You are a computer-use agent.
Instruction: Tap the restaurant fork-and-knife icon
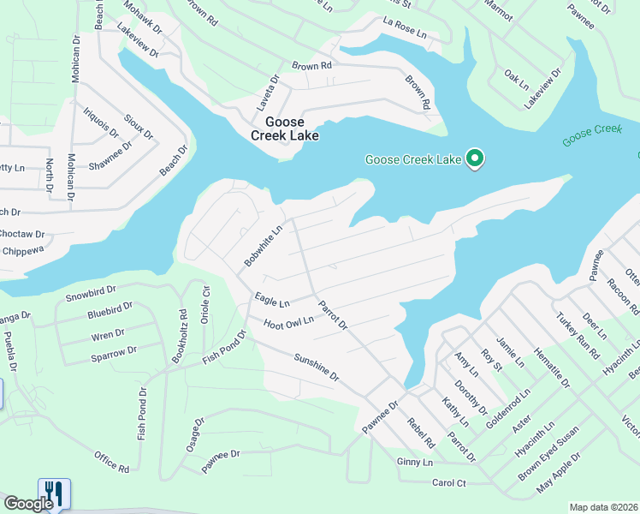(53, 492)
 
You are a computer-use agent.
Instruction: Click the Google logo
(28, 504)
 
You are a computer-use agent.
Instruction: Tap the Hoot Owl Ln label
(289, 322)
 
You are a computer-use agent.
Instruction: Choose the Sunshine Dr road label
(317, 367)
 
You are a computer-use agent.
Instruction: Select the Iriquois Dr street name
(100, 121)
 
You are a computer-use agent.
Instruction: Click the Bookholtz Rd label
(179, 336)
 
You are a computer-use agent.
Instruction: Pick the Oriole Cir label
(206, 302)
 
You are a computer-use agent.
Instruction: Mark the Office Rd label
(111, 461)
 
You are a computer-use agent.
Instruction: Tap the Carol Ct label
(448, 483)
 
